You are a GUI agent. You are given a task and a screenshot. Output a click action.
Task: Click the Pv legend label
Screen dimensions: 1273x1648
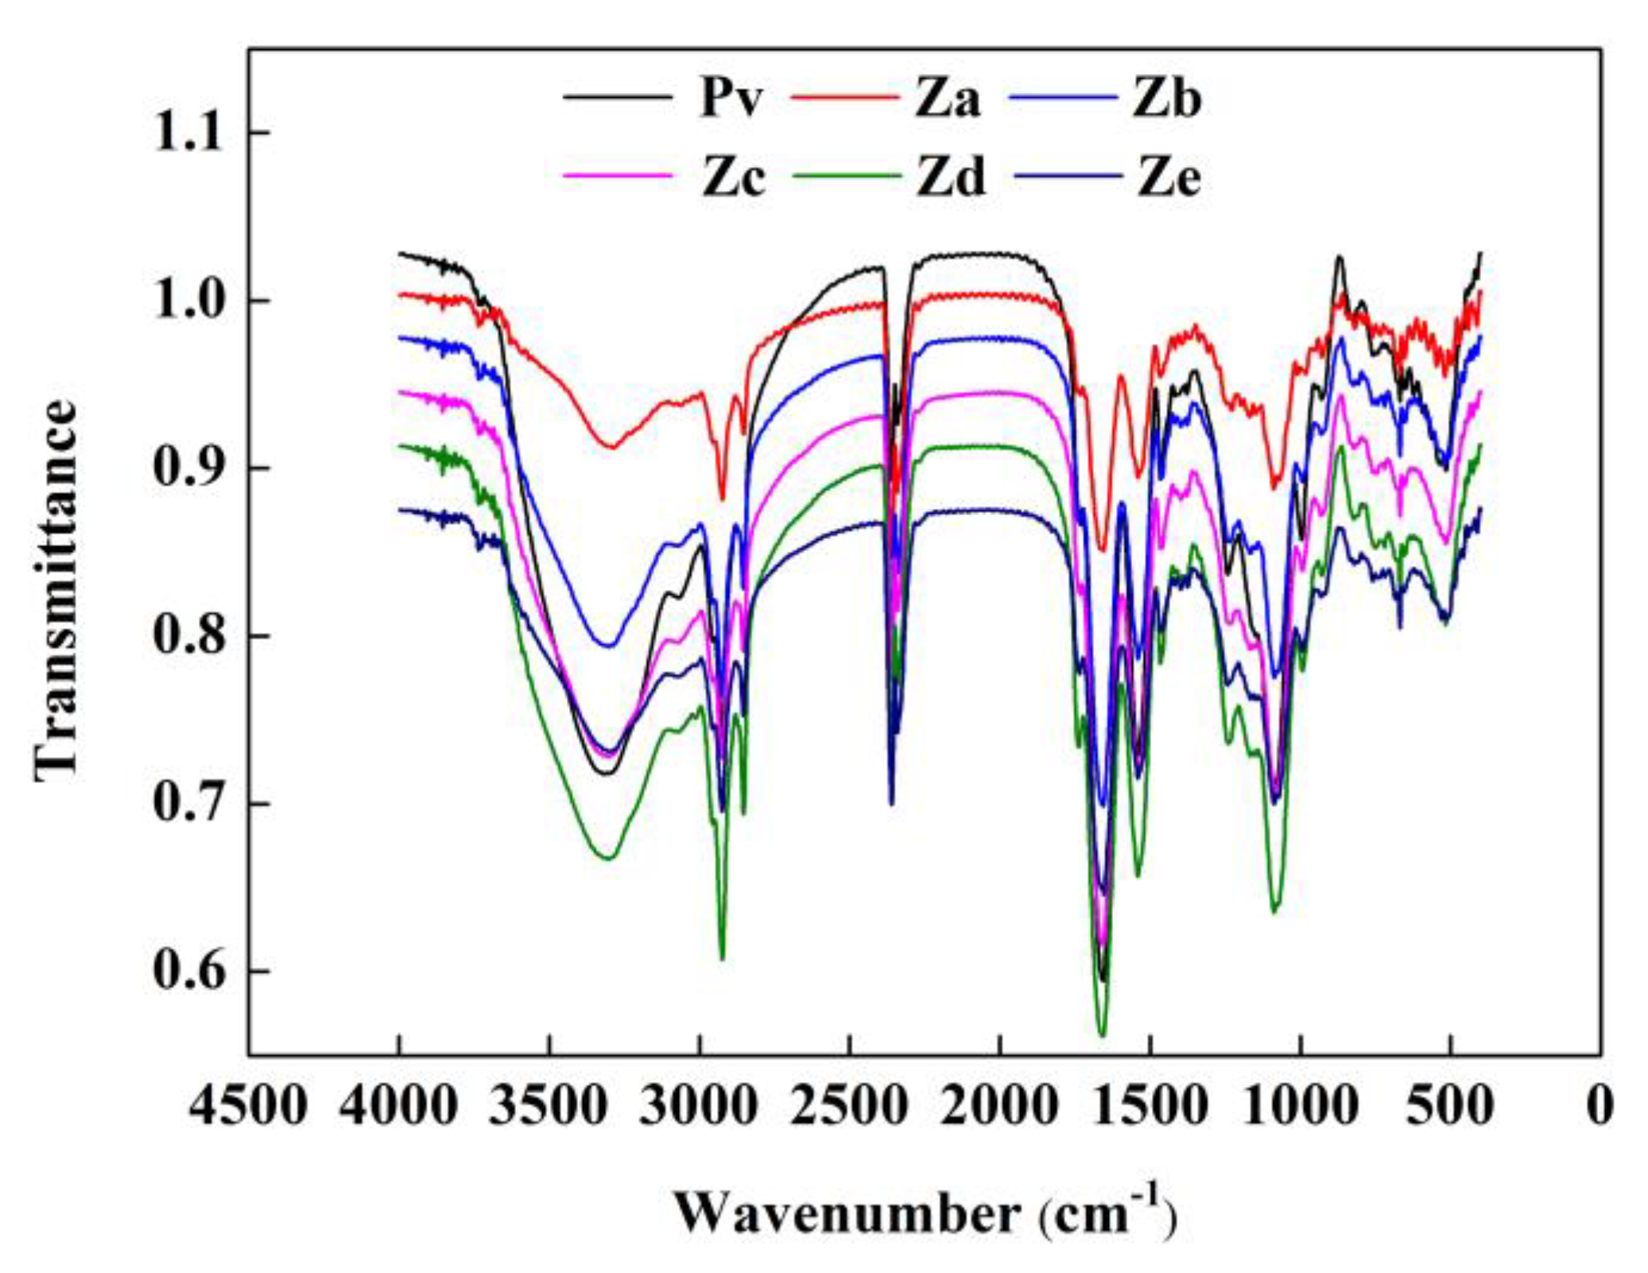click(x=731, y=99)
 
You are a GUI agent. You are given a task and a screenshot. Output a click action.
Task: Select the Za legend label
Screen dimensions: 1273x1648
click(x=947, y=99)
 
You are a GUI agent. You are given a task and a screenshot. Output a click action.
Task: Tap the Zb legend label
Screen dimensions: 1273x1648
click(x=1167, y=99)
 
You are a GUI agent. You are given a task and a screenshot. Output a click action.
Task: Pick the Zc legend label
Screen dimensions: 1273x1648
click(x=733, y=177)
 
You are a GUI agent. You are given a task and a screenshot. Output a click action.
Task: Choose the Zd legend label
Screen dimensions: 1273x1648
click(x=952, y=177)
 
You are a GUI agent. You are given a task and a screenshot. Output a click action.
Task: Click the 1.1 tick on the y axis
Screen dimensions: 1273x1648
click(x=189, y=132)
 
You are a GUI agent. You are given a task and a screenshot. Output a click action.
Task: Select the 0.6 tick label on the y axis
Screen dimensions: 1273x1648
click(x=189, y=972)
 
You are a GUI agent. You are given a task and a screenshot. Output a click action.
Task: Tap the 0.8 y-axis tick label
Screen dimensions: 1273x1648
click(x=189, y=636)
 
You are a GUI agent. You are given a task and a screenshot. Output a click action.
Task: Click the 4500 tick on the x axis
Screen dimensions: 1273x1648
click(x=248, y=1105)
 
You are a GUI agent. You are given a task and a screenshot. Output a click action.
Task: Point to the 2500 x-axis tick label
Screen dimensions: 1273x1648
click(x=849, y=1105)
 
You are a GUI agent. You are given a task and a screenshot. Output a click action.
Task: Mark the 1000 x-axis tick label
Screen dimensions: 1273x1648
click(x=1300, y=1105)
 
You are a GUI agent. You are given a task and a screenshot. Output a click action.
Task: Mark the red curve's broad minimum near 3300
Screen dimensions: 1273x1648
click(x=611, y=447)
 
